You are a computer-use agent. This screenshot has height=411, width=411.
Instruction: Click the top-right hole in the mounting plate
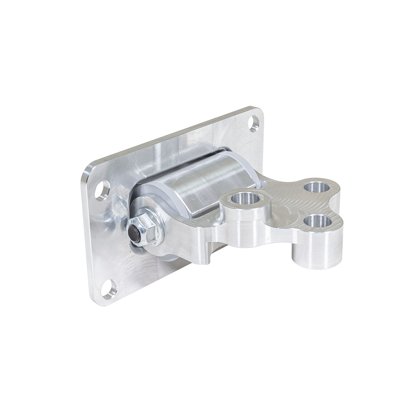tap(254, 122)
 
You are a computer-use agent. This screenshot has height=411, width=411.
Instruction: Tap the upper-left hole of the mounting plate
tap(102, 190)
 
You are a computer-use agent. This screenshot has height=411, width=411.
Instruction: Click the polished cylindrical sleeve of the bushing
tap(205, 181)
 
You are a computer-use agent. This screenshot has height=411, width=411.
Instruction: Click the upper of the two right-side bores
tap(318, 187)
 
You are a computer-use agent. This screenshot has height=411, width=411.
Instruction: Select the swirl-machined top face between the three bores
tap(288, 201)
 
